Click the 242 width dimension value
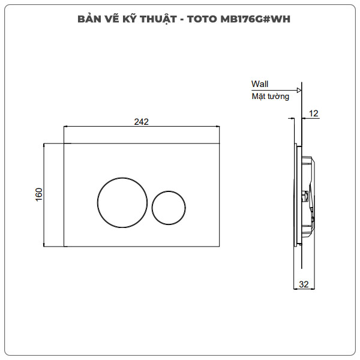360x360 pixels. [x=141, y=121]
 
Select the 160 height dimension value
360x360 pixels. [x=39, y=194]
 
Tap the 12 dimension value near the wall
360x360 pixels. [x=314, y=113]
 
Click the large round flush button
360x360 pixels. [x=122, y=203]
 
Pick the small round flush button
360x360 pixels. [x=169, y=207]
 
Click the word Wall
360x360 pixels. [x=260, y=84]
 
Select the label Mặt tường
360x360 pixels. [x=270, y=96]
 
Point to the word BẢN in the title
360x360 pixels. [x=89, y=19]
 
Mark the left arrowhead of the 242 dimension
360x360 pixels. [x=67, y=127]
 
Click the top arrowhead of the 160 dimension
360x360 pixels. [x=45, y=146]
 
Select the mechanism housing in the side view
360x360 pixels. [x=307, y=194]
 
